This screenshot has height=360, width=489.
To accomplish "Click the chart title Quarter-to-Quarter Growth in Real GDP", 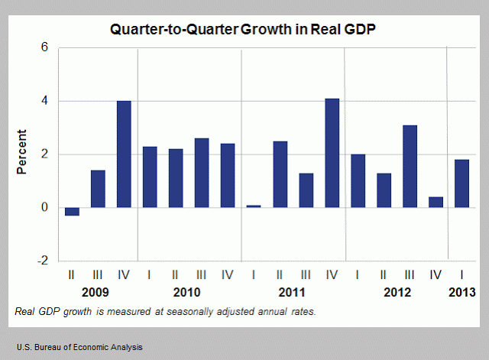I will [244, 31].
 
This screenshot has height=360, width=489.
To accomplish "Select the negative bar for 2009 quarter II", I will [72, 211].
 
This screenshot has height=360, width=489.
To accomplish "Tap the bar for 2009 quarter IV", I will [124, 154].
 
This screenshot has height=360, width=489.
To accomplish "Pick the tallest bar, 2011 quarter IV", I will [332, 153].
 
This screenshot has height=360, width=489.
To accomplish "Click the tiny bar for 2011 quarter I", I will [254, 206].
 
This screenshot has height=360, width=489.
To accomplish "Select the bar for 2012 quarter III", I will [410, 166].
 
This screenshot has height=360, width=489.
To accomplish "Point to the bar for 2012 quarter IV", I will [436, 202].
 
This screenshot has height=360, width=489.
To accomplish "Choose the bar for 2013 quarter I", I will [461, 183].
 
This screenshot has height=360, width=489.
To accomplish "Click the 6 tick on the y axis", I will [44, 47].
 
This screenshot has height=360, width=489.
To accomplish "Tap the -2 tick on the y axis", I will [42, 261].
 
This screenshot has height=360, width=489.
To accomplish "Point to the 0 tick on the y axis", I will [44, 208].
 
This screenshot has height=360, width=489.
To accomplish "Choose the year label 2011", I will [293, 292].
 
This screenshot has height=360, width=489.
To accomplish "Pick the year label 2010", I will [189, 292].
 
